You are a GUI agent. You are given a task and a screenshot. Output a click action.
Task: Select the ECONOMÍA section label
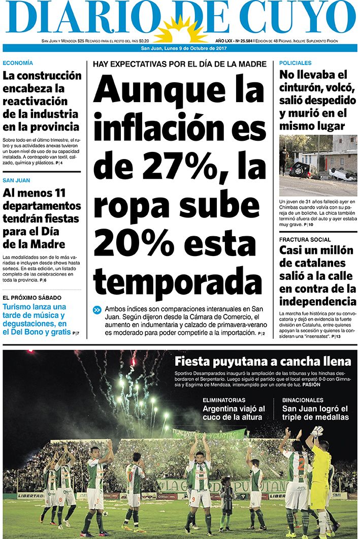pyautogui.click(x=18, y=63)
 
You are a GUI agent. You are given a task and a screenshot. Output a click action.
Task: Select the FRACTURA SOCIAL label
pyautogui.click(x=305, y=239)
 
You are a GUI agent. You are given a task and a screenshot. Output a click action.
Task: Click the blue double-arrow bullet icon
pyautogui.click(x=97, y=310)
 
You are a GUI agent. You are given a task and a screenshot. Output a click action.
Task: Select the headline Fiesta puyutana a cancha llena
pyautogui.click(x=263, y=362)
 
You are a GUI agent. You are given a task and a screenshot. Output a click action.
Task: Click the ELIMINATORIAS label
pyautogui.click(x=223, y=400)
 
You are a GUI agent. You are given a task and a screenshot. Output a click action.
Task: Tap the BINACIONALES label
pyautogui.click(x=303, y=400)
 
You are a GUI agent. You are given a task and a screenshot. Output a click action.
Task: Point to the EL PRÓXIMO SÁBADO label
pyautogui.click(x=31, y=298)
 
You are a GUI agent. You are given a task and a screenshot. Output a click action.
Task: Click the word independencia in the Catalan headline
pyautogui.click(x=317, y=302)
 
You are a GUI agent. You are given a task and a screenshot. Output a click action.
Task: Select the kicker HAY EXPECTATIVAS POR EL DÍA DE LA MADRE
pyautogui.click(x=179, y=64)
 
